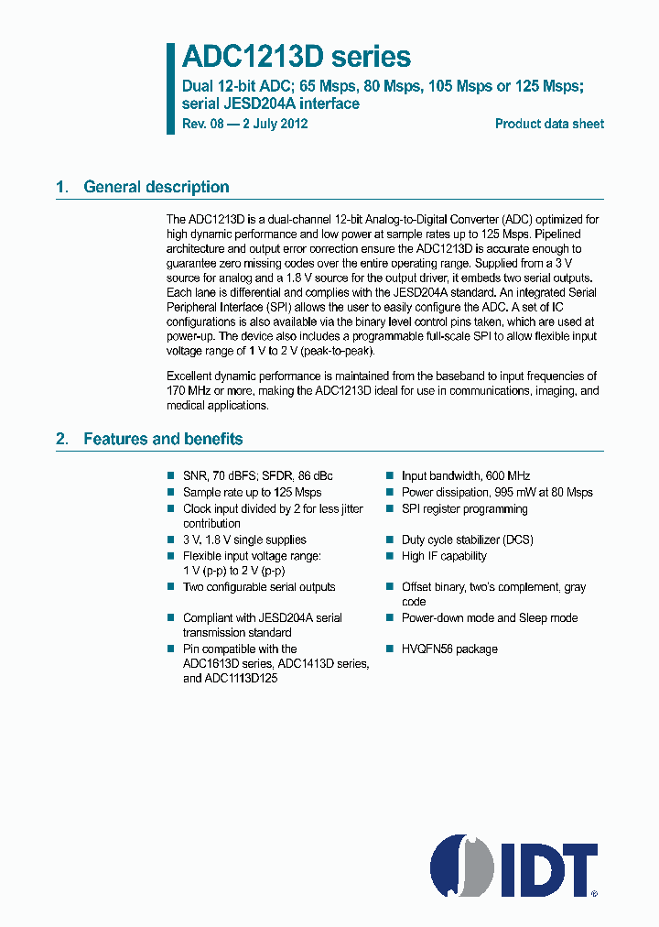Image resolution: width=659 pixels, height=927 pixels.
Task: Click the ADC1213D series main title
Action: point(297,58)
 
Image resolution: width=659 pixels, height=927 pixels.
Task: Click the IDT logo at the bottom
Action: point(514,865)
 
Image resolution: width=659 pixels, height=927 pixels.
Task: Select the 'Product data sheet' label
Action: point(549,124)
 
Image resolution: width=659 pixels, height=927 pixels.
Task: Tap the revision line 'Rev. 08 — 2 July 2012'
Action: point(245,124)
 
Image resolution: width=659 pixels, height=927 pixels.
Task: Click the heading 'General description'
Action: point(157,187)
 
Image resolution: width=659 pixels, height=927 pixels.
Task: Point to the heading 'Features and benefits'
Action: point(163,439)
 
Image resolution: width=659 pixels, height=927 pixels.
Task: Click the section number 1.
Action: point(61,187)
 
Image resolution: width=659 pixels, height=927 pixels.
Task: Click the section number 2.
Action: point(61,439)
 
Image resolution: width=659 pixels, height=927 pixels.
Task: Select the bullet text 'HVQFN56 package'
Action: point(449,649)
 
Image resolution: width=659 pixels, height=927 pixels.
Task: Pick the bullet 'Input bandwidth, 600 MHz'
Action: point(466,476)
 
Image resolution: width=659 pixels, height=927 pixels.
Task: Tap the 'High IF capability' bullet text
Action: point(444,556)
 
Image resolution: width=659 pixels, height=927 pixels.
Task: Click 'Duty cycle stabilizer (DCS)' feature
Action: point(467,540)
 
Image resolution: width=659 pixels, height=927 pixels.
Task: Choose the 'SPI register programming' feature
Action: point(465,508)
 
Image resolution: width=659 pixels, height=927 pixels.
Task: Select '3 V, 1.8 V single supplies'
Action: point(244,540)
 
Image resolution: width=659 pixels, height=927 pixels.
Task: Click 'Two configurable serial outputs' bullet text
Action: point(259,587)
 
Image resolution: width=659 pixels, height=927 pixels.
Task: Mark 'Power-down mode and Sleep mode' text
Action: point(490,618)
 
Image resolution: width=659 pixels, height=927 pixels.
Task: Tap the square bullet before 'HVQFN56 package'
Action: point(388,649)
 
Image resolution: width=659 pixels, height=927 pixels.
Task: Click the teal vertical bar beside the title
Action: point(170,88)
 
